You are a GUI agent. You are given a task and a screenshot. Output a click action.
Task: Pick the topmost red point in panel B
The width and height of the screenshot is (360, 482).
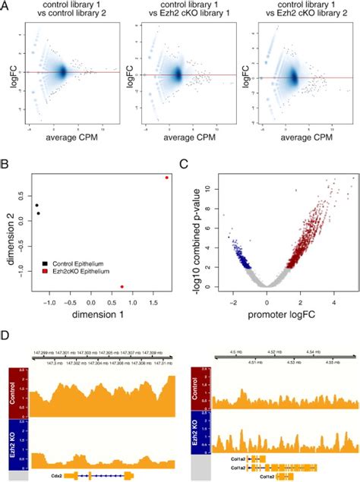(167, 178)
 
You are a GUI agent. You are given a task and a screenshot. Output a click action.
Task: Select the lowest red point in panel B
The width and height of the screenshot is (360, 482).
(122, 287)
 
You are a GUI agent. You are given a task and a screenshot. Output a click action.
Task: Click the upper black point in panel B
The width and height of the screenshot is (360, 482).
(36, 205)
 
